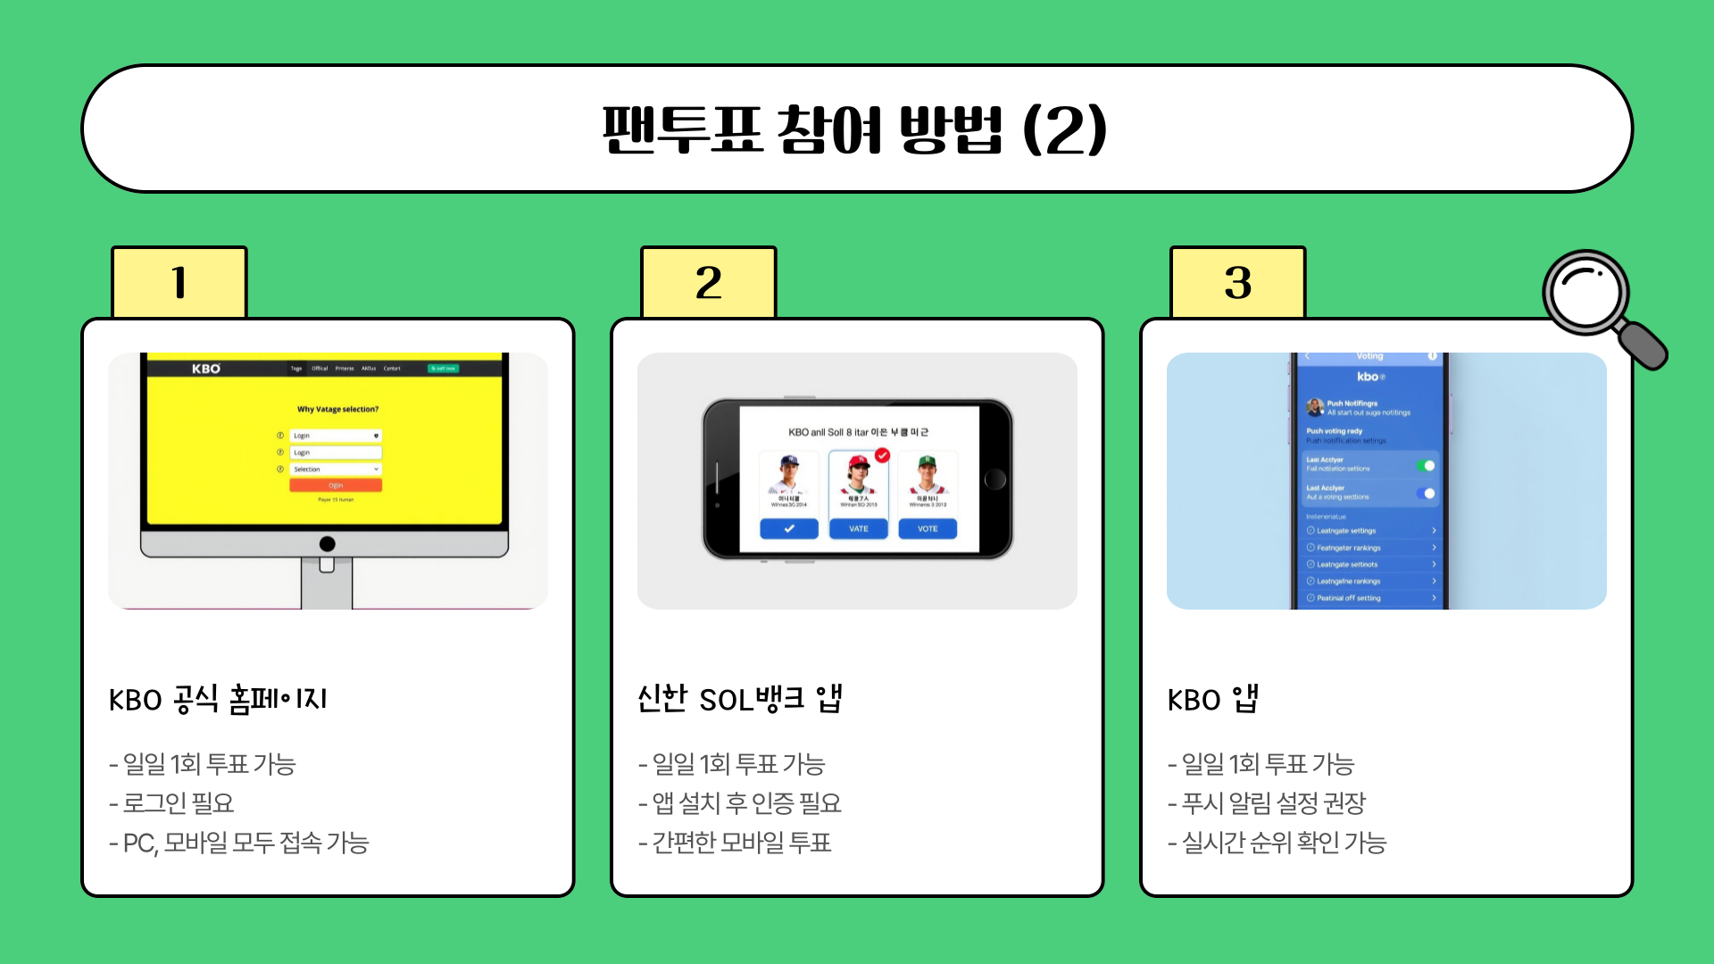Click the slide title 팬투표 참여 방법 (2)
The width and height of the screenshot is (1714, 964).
click(x=855, y=129)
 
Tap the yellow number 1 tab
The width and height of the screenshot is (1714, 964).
click(x=179, y=282)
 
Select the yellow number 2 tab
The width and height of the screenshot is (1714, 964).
click(x=709, y=282)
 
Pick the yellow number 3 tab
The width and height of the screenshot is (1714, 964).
click(x=1238, y=282)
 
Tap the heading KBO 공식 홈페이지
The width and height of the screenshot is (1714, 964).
click(x=218, y=699)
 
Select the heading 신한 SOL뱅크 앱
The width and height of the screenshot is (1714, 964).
click(x=740, y=699)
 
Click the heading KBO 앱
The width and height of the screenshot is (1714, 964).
click(x=1213, y=699)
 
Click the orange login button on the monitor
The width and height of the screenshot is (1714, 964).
click(x=336, y=486)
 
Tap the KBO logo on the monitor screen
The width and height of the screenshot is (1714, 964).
click(x=206, y=369)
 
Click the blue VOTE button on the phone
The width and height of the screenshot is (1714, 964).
click(x=928, y=528)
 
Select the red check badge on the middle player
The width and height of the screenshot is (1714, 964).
click(x=882, y=455)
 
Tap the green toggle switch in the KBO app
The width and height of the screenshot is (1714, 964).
click(x=1426, y=466)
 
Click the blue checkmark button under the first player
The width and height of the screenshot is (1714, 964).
click(x=789, y=528)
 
